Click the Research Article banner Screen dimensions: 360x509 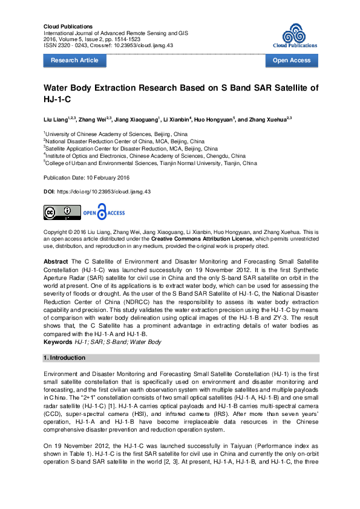click(74, 60)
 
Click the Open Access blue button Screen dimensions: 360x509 click(292, 60)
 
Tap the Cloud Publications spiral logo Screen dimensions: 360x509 click(295, 33)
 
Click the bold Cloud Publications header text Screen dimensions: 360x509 click(68, 27)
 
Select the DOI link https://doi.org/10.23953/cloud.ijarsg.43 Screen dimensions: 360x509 click(103, 191)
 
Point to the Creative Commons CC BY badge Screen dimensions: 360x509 click(61, 212)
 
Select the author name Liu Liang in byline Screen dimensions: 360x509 click(56, 120)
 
